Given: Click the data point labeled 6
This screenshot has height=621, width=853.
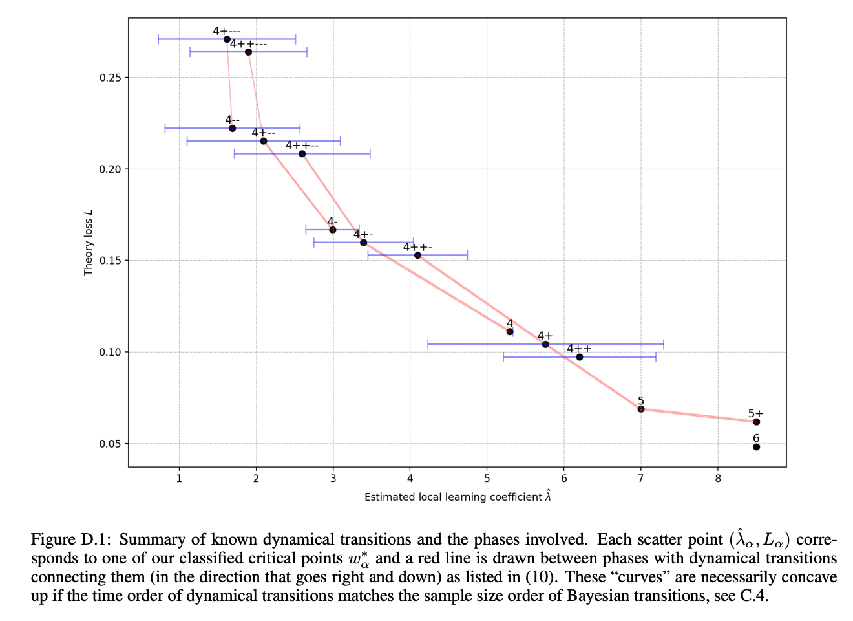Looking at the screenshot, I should (x=756, y=447).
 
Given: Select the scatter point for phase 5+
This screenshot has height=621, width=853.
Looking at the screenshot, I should (x=756, y=422).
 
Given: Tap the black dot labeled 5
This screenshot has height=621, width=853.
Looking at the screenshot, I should (x=641, y=409).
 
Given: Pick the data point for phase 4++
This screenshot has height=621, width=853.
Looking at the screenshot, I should (x=580, y=357).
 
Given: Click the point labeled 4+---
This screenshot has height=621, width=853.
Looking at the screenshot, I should (x=227, y=39).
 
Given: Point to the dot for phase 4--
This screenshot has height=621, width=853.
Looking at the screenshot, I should (x=233, y=128).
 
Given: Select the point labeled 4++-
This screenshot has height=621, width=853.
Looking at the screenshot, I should (x=417, y=256).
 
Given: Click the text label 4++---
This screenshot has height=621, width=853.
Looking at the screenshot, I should (x=248, y=44).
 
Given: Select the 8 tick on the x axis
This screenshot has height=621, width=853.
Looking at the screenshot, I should (x=718, y=479).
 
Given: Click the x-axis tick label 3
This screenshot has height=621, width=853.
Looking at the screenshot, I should (x=333, y=479).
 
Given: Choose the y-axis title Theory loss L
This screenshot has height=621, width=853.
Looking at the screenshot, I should (x=89, y=242).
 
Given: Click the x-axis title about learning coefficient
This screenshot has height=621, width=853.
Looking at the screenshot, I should (x=458, y=497).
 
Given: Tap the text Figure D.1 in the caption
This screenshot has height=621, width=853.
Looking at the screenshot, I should (x=71, y=539).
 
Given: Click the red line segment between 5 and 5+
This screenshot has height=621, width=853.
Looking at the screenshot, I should (x=699, y=415).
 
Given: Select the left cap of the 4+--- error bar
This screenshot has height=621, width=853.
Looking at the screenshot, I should (x=158, y=39).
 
